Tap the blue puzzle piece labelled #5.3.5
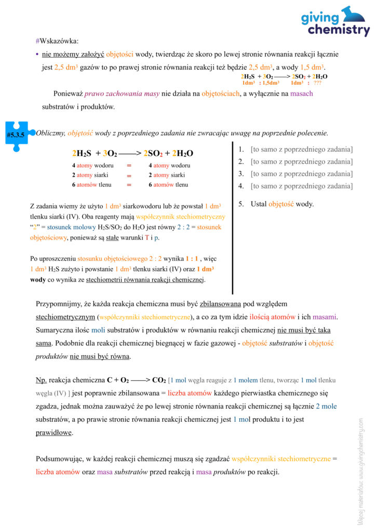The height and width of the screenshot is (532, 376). tap(16, 136)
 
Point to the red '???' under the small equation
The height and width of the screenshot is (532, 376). tap(317, 83)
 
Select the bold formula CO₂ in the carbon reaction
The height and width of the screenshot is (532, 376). tap(158, 380)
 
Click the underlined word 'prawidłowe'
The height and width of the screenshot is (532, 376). tap(54, 432)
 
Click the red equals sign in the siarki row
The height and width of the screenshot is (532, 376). tap(129, 176)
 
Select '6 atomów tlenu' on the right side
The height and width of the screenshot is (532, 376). tap(168, 185)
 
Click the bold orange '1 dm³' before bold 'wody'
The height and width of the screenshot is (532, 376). tap(205, 269)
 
